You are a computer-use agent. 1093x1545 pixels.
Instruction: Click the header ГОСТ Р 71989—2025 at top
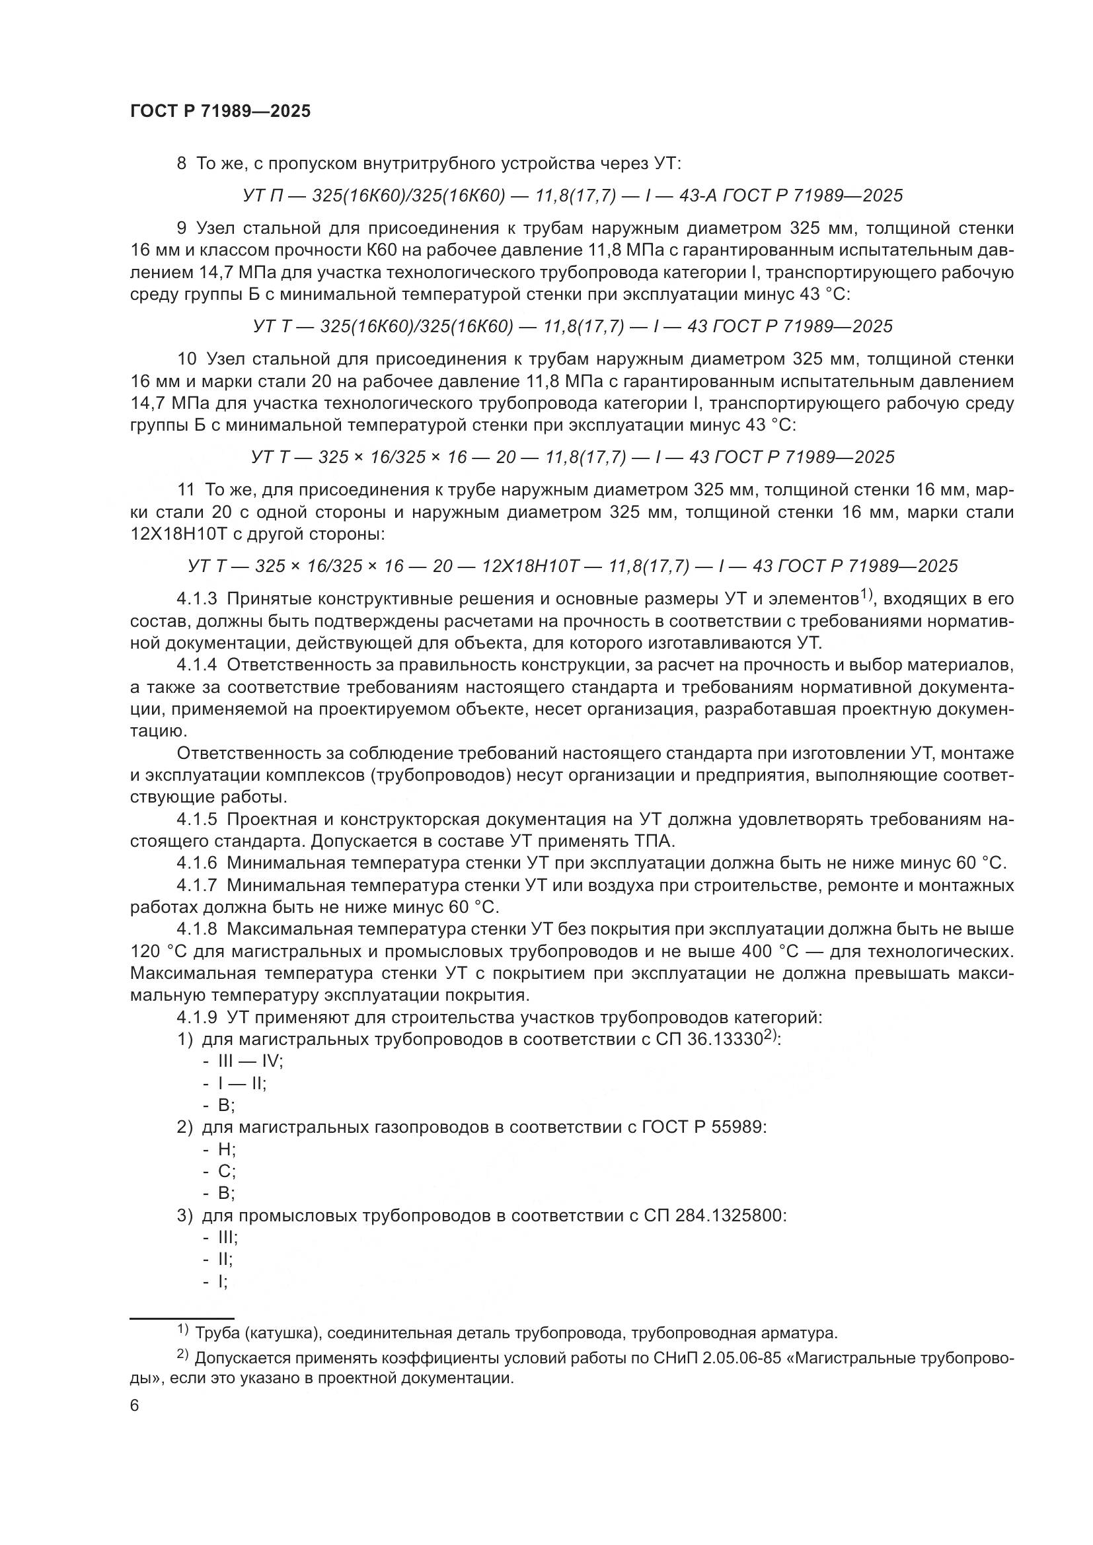(220, 112)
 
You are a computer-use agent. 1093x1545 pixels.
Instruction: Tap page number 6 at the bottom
(135, 1406)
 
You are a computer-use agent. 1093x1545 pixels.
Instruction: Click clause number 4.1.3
(197, 599)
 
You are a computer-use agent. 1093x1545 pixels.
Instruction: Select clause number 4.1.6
(197, 863)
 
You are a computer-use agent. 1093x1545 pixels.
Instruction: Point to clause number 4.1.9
(197, 1017)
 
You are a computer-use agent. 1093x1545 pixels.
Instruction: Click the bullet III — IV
(250, 1062)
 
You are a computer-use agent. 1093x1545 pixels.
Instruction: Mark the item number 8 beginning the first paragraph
(181, 164)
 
